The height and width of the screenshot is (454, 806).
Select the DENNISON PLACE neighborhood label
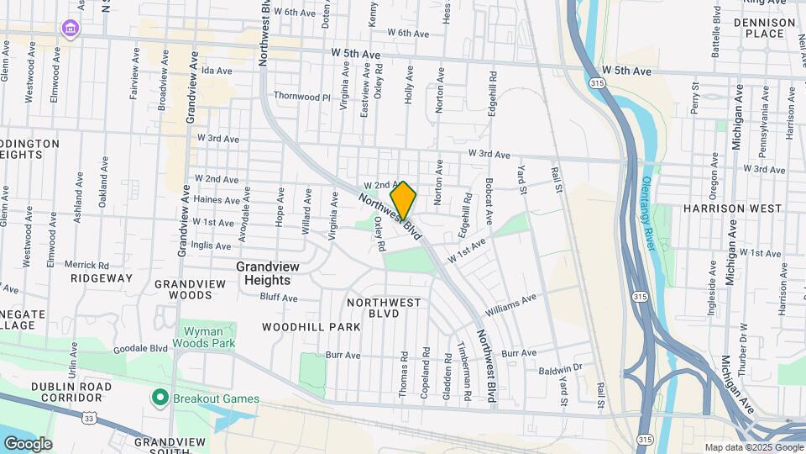point(764,28)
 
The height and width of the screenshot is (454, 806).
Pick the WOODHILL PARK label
point(298,326)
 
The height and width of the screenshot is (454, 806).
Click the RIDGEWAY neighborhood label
point(102,277)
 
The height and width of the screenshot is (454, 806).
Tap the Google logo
point(27,444)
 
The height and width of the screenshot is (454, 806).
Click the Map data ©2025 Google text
point(752,447)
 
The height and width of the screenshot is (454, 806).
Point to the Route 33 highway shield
point(91,417)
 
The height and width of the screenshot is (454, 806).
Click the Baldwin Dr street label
point(561,369)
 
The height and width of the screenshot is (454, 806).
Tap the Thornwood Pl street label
point(302,97)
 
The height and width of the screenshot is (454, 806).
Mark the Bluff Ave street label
point(279,298)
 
